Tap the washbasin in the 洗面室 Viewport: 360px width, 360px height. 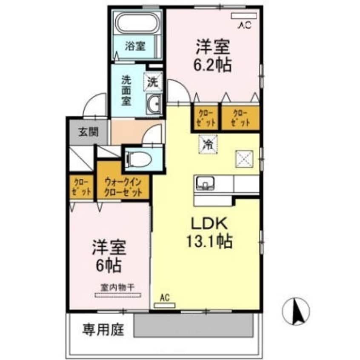coord(154,104)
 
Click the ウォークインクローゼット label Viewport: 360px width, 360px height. coord(123,187)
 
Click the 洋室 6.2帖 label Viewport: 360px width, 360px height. coord(213,56)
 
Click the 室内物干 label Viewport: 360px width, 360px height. coord(117,287)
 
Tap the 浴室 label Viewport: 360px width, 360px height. coord(135,46)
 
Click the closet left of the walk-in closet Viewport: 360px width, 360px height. coord(81,187)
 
